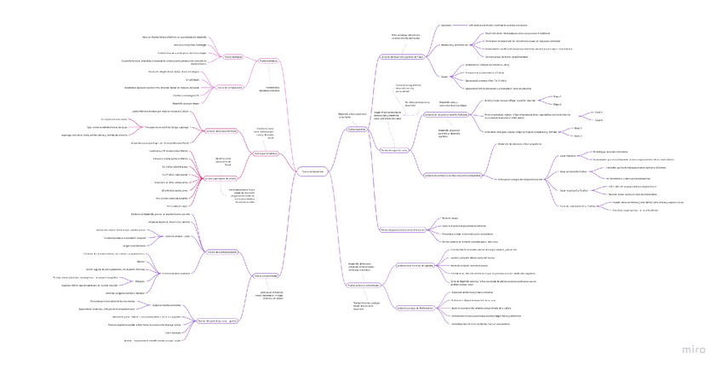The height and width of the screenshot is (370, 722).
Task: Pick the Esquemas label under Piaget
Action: point(446,25)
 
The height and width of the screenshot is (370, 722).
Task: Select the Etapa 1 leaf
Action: point(558,96)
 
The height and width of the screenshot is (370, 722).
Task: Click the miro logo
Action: point(694,350)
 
